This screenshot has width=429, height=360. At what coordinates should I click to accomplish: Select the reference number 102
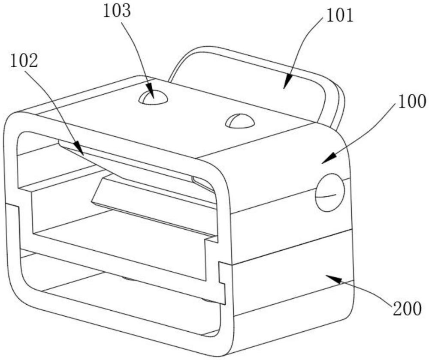coord(24,61)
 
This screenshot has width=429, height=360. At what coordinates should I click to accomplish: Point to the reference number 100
coord(412,102)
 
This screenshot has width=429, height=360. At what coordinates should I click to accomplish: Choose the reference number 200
coord(407,309)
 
